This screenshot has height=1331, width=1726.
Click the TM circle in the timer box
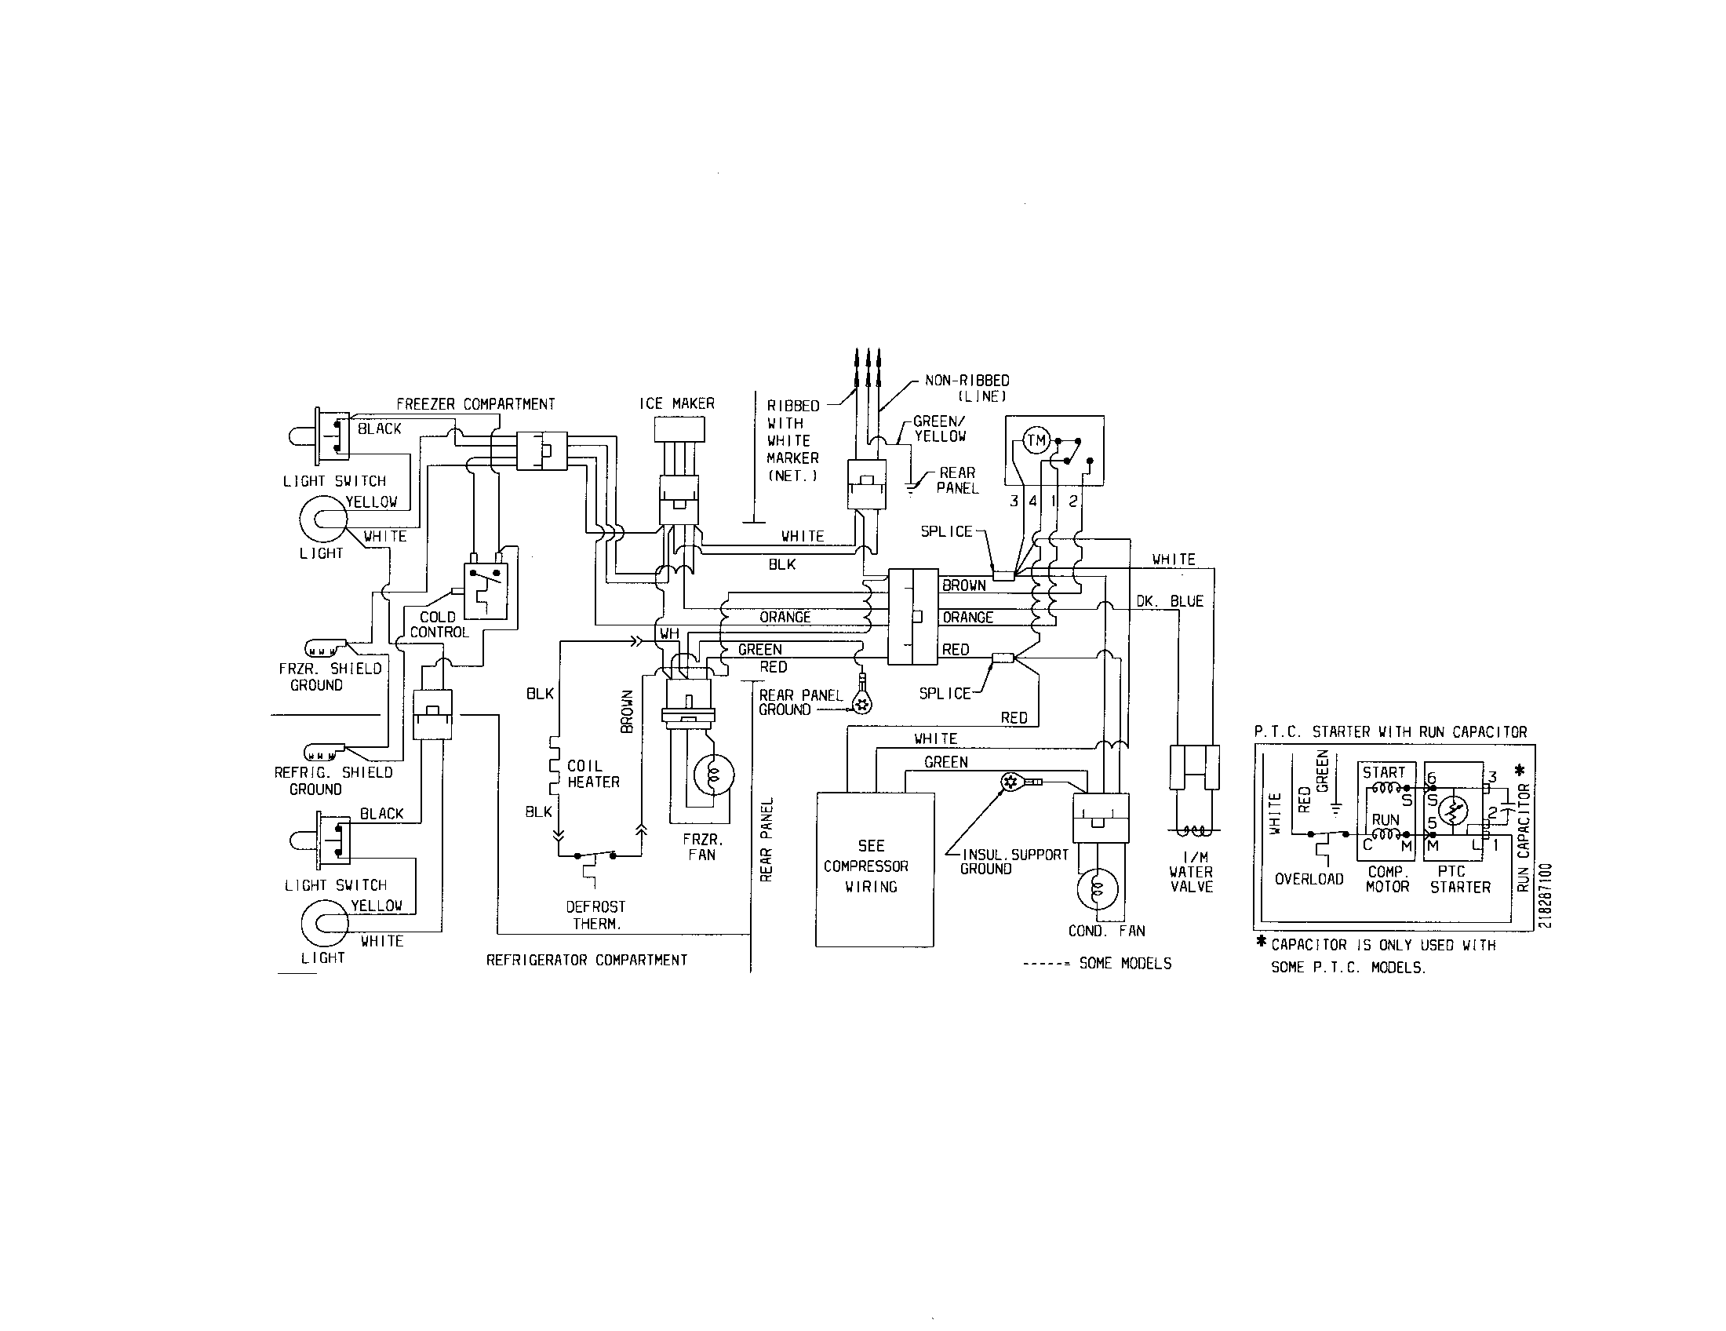1036,441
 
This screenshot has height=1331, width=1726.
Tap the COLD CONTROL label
439,625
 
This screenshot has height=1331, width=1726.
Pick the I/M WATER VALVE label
1191,872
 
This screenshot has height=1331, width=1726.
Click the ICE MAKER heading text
676,404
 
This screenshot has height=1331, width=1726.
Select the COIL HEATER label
592,774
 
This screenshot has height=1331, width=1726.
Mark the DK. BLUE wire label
1170,601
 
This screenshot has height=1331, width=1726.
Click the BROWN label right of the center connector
964,585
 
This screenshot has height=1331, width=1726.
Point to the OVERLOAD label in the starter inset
1309,879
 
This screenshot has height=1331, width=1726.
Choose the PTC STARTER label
1460,879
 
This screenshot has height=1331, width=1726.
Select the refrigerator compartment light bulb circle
323,923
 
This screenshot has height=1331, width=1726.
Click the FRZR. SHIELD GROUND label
330,676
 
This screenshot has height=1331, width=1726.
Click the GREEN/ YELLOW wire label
939,429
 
